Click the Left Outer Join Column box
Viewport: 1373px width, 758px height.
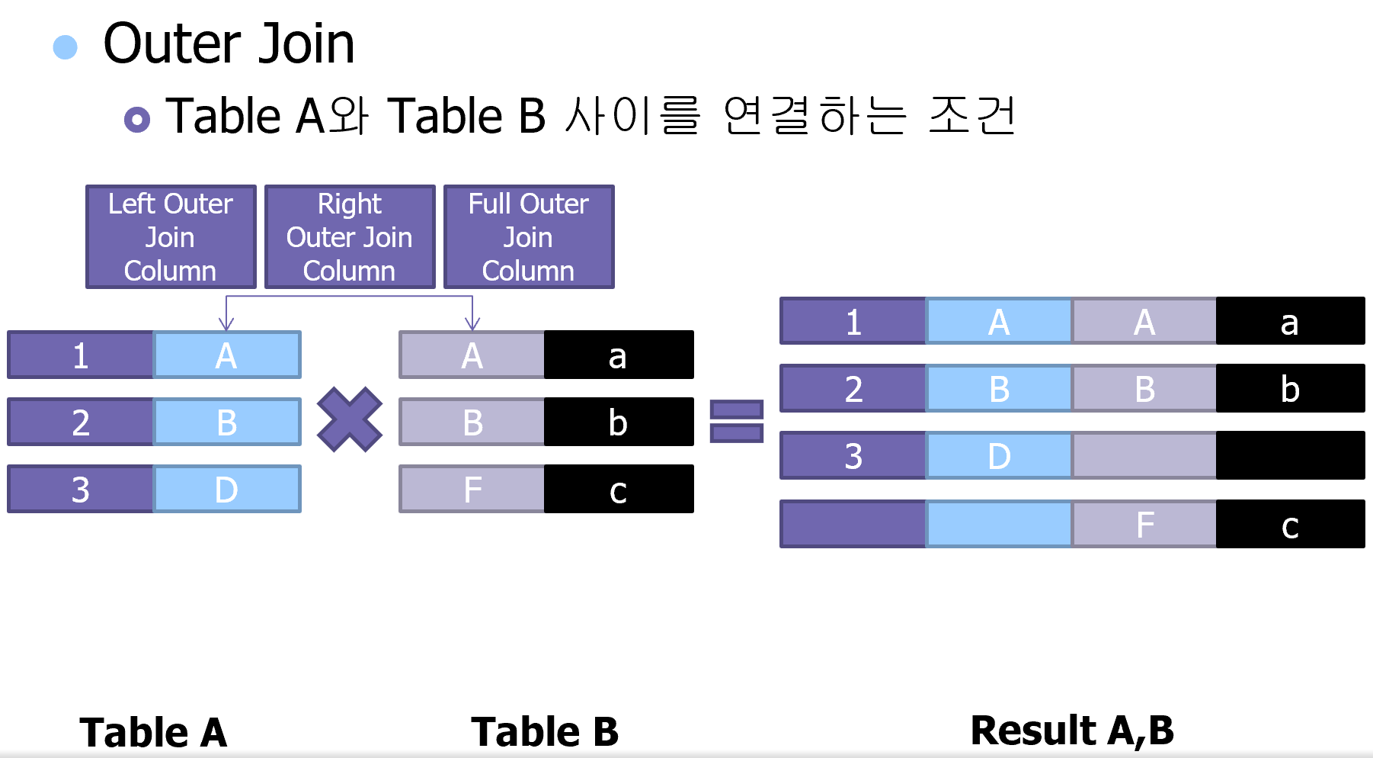(171, 237)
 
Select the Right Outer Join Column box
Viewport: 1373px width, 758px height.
(350, 237)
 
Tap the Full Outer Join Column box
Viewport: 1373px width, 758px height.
(529, 237)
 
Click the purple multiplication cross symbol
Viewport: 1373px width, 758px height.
(350, 419)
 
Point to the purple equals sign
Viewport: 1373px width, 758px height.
(736, 421)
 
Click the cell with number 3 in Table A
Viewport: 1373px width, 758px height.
(81, 489)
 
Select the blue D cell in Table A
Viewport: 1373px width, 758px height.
(227, 489)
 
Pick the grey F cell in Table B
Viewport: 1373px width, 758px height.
(472, 489)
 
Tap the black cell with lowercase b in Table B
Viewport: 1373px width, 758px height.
(619, 422)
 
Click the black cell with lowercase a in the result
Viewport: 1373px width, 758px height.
(1290, 321)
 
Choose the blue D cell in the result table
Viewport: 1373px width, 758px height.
(999, 455)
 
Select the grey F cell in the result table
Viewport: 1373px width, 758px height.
(1144, 524)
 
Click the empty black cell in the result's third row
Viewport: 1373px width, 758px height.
(1290, 455)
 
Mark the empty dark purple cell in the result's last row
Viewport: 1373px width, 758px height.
(853, 524)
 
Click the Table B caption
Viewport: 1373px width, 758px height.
(545, 731)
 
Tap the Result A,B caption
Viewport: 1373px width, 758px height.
(1072, 730)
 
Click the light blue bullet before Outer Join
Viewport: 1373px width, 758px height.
(66, 47)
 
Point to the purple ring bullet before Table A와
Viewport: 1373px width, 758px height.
(137, 119)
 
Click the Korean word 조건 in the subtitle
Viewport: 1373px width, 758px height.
(972, 116)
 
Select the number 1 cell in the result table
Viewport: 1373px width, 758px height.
(853, 321)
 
